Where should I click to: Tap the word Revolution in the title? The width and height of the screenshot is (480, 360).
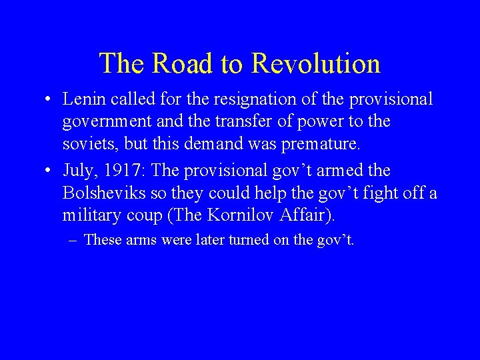coord(316,63)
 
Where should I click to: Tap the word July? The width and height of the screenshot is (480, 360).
coord(78,170)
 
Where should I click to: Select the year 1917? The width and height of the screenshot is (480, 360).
coord(126,170)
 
